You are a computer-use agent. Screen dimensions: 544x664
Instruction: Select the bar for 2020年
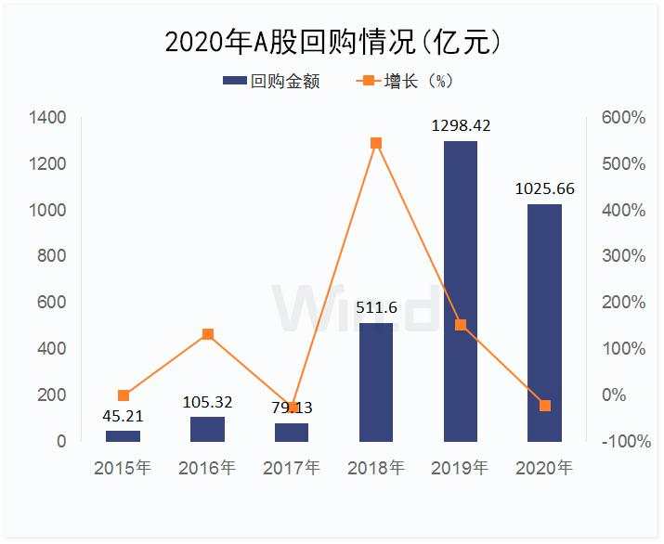point(545,322)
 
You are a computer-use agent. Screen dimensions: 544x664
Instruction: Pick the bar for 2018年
point(376,382)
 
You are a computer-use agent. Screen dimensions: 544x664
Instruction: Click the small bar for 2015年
point(123,435)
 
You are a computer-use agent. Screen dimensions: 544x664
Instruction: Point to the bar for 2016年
point(207,429)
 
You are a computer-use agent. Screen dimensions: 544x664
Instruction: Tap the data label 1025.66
point(545,188)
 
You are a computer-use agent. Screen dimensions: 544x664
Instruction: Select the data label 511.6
point(376,307)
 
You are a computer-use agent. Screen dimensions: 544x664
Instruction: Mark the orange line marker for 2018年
point(376,143)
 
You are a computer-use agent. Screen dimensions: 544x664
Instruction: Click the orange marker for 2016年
point(208,334)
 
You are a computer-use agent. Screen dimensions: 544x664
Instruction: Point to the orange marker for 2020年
point(545,406)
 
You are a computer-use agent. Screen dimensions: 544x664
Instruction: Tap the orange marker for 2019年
point(461,325)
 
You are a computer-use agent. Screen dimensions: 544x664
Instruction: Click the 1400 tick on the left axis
point(46,118)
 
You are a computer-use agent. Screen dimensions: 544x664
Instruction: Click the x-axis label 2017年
point(292,467)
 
